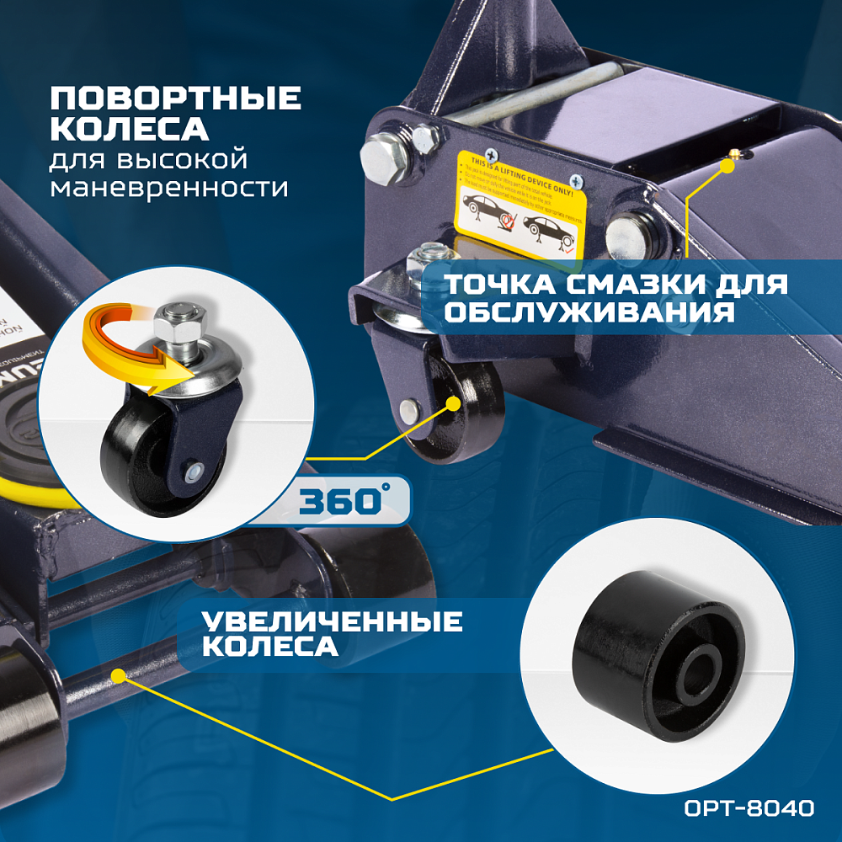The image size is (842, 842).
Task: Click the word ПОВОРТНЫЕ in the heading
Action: tap(175, 99)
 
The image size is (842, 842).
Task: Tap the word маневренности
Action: tap(168, 187)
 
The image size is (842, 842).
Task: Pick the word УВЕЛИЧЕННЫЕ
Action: tap(332, 622)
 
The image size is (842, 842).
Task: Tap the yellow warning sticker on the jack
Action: tap(520, 205)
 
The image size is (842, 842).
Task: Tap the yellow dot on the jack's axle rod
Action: tap(119, 674)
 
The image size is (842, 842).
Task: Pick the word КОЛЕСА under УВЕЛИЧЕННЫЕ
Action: tap(269, 647)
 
